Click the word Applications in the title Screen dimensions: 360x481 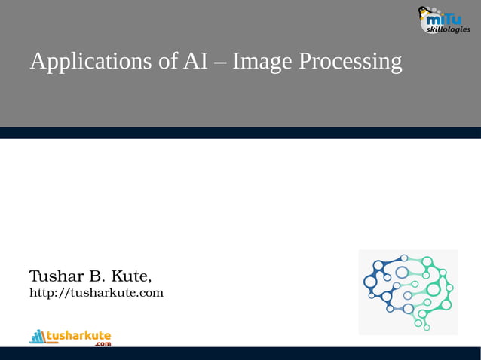(x=91, y=62)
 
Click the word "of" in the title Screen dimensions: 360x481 (x=168, y=61)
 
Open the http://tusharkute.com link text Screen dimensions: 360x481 (x=96, y=291)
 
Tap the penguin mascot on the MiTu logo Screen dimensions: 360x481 (x=425, y=15)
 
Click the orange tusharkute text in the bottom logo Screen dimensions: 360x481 (x=78, y=334)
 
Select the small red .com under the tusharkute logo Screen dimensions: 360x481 (x=102, y=343)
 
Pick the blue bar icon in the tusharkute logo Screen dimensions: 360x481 (x=37, y=336)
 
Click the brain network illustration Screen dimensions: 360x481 (x=409, y=291)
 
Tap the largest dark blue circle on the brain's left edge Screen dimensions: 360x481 (x=369, y=282)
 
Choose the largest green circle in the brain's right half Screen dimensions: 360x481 (x=434, y=288)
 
